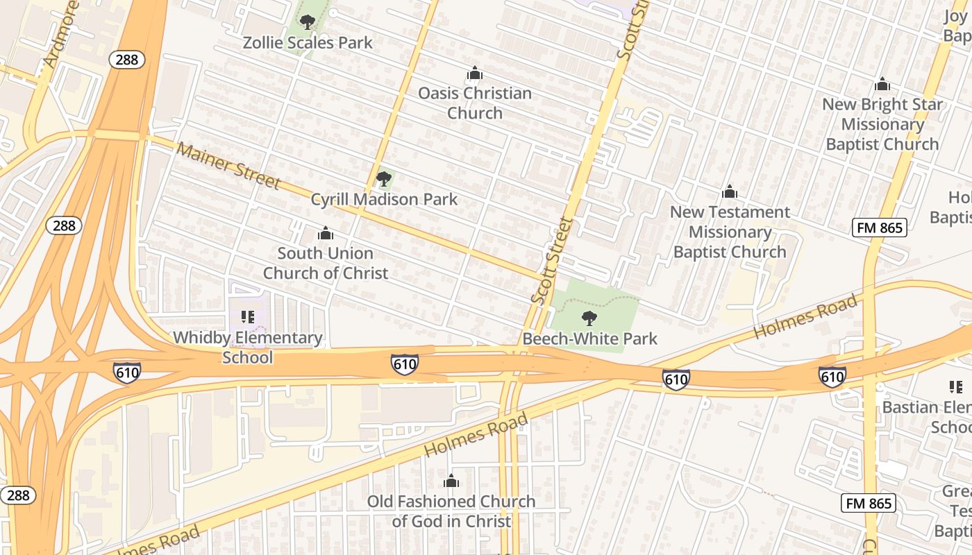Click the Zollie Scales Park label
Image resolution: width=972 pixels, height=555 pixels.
308,42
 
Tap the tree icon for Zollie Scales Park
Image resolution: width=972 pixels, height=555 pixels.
308,22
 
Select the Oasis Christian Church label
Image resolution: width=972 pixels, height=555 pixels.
475,103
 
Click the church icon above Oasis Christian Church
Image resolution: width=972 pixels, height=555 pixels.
475,73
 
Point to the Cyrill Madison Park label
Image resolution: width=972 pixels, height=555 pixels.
384,200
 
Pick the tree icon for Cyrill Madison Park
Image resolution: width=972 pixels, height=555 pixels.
383,180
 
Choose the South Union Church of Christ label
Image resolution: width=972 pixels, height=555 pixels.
325,263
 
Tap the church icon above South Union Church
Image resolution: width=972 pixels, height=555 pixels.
325,233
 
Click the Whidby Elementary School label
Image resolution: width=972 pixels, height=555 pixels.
248,348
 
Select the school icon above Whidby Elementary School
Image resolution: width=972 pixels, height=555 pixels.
248,317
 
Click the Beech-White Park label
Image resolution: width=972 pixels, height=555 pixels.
589,339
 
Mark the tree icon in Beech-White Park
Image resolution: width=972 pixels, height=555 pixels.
589,319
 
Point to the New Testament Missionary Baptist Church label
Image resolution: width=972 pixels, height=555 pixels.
730,232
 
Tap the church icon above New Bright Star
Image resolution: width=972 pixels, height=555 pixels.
882,84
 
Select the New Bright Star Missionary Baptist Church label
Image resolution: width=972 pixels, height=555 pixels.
882,124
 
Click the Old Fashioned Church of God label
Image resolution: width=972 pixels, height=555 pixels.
451,511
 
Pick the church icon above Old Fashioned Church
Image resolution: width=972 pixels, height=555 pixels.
451,481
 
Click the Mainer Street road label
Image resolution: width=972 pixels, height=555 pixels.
228,165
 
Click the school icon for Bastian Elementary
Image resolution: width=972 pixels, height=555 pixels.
955,386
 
